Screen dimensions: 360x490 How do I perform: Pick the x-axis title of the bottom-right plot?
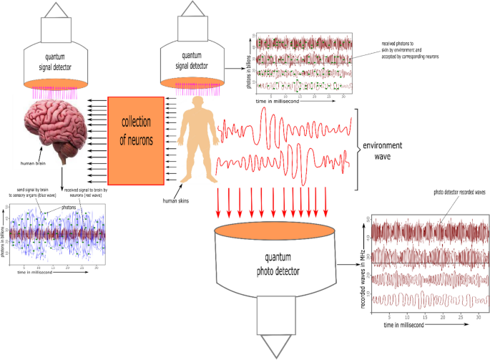[x=411, y=326]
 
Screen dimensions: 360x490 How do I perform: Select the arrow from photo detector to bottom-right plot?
[x=347, y=265]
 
